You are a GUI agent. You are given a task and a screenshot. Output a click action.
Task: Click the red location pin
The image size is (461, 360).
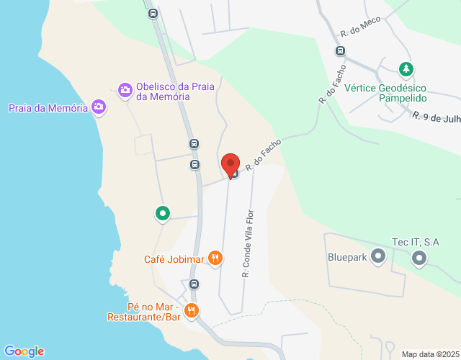click(x=230, y=164)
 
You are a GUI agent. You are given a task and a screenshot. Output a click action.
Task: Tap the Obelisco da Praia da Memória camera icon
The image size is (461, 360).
click(x=125, y=89)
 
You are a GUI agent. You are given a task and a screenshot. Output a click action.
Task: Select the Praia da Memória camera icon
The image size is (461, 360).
click(x=99, y=108)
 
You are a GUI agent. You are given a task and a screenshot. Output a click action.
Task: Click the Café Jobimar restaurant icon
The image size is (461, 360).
click(x=215, y=258)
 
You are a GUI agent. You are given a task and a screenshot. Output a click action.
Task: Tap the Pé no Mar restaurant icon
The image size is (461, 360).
click(x=191, y=311)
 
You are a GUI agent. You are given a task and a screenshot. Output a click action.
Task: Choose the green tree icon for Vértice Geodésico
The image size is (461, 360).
click(x=406, y=70)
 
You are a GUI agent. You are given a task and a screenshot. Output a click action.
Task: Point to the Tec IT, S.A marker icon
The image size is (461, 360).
click(x=419, y=257)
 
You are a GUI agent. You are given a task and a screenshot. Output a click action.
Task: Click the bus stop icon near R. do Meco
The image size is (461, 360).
click(x=340, y=51)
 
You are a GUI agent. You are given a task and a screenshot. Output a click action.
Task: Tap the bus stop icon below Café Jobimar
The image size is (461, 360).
click(x=194, y=284)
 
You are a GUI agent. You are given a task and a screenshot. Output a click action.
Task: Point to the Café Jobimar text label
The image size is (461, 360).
click(x=174, y=259)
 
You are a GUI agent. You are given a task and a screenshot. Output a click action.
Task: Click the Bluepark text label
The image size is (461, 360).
click(x=347, y=256)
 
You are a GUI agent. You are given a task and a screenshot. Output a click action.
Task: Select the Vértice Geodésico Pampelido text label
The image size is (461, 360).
click(x=386, y=92)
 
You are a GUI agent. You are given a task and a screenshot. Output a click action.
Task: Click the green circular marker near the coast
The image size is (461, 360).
click(x=163, y=213)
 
